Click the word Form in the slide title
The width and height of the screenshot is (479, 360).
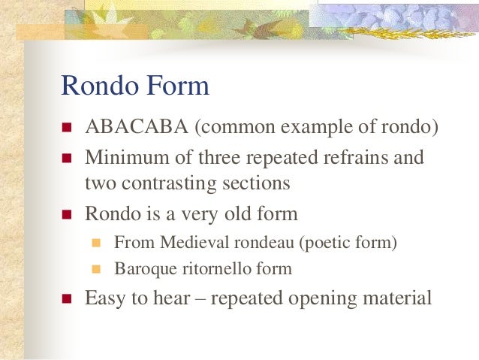177,86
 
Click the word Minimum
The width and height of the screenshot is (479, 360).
122,159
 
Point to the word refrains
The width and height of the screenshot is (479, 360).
357,159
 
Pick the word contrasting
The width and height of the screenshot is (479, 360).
164,183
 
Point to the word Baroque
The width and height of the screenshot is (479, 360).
141,268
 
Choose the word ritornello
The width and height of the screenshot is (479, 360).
209,268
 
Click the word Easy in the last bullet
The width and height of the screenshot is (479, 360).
105,298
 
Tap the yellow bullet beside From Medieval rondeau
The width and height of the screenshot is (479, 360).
95,244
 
